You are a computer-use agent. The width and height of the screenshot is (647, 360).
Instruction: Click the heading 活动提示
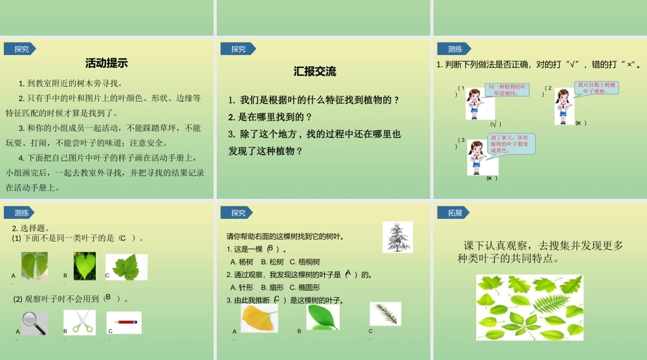(x=106, y=63)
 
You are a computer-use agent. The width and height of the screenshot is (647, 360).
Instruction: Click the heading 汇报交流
(x=314, y=72)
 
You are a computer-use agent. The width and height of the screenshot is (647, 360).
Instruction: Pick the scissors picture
(x=80, y=322)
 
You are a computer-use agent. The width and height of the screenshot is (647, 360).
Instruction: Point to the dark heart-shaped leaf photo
(x=84, y=266)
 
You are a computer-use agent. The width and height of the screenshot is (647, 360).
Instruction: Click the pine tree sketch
(x=397, y=237)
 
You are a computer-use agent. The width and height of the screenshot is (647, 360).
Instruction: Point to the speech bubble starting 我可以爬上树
(x=597, y=88)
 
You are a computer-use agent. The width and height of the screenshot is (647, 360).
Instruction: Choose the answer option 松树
(x=274, y=262)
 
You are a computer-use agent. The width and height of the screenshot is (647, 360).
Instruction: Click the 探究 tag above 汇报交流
(x=237, y=49)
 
